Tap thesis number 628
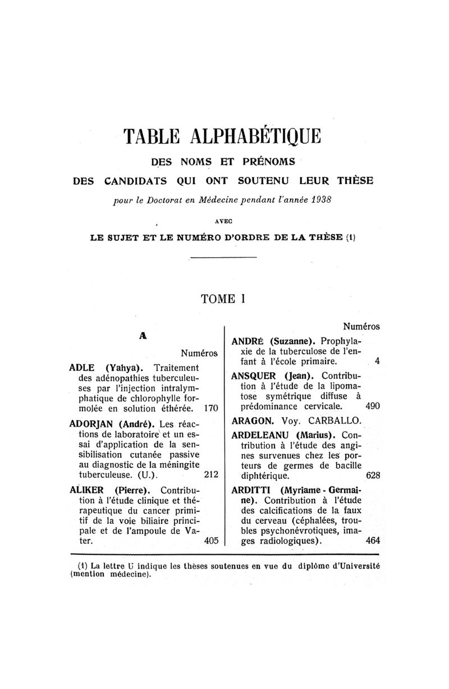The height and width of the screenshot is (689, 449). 373,474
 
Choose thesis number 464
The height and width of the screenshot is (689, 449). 373,542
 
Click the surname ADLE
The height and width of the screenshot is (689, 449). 81,368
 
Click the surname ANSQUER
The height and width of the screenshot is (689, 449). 254,375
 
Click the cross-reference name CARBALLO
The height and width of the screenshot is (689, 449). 343,420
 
